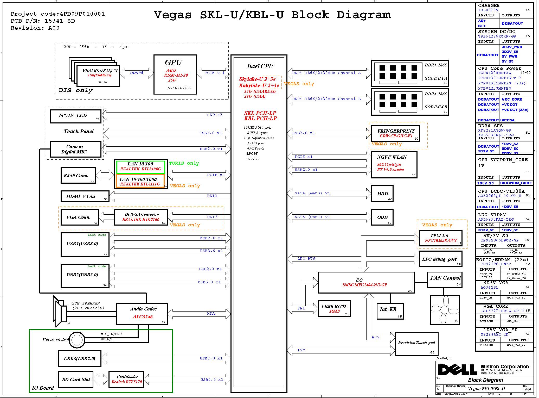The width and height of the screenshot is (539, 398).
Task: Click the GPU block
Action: click(175, 74)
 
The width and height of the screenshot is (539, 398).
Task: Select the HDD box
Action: click(382, 194)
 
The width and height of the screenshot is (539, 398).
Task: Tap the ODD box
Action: click(382, 217)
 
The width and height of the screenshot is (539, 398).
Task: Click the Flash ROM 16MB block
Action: click(334, 309)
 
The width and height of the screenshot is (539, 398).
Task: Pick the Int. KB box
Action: click(390, 311)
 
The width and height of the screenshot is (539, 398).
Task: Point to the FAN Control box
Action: click(445, 280)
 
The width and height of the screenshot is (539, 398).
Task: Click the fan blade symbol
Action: click(445, 310)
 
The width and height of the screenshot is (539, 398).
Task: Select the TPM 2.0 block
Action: click(440, 238)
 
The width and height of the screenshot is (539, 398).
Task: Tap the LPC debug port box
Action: click(440, 259)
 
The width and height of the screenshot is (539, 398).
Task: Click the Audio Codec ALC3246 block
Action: click(142, 314)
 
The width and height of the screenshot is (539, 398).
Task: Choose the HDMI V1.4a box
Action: click(85, 196)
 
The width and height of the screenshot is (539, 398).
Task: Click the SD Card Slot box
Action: click(76, 379)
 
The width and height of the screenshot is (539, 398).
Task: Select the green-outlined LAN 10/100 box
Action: click(140, 166)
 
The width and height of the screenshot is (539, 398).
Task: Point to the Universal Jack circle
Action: click(77, 340)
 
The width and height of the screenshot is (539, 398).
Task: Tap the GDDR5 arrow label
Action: click(137, 73)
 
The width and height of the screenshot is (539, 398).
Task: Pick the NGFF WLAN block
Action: click(394, 165)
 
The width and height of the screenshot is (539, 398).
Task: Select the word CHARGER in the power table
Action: click(489, 5)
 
